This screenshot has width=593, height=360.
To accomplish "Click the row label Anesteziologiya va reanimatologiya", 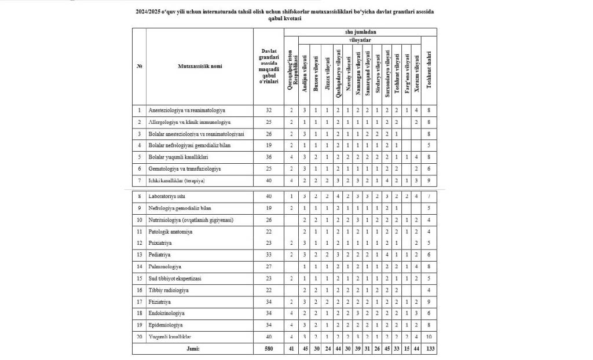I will pyautogui.click(x=187, y=110).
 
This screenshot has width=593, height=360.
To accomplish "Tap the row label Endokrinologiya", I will pyautogui.click(x=166, y=313).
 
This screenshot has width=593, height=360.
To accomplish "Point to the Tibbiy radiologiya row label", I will pyautogui.click(x=169, y=289).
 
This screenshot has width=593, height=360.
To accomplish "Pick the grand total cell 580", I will pyautogui.click(x=268, y=349).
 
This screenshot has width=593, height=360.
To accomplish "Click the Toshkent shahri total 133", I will pyautogui.click(x=429, y=349).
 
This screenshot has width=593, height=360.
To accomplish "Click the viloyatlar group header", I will pyautogui.click(x=360, y=41).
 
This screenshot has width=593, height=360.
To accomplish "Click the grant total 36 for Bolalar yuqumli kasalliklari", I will pyautogui.click(x=268, y=157).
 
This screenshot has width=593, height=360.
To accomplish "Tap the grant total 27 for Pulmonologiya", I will pyautogui.click(x=268, y=266).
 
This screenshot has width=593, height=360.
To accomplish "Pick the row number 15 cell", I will pyautogui.click(x=139, y=278).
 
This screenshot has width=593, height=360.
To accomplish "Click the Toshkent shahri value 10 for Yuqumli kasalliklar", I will pyautogui.click(x=429, y=337).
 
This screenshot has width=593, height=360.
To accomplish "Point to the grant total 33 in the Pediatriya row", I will pyautogui.click(x=268, y=255).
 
